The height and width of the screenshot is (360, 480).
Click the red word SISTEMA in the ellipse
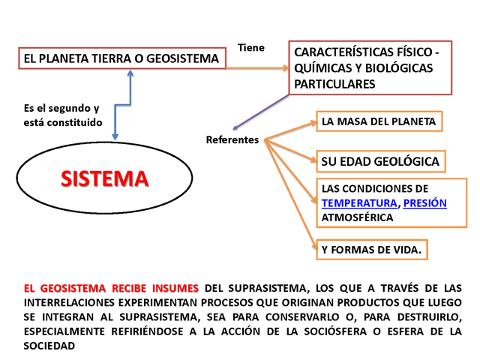(x=105, y=178)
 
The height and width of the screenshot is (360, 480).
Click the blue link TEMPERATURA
(x=359, y=203)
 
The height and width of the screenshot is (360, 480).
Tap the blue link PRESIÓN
(x=425, y=203)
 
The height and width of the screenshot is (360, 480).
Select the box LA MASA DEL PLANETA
(x=379, y=121)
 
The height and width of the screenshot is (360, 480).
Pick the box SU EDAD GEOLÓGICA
(x=381, y=161)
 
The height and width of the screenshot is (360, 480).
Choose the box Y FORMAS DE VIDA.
(x=372, y=250)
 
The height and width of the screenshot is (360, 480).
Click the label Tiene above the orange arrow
(x=251, y=48)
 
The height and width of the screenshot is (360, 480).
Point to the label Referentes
(x=232, y=139)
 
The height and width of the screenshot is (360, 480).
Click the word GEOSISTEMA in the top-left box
(x=183, y=58)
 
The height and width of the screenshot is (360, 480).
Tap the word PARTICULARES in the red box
(x=334, y=84)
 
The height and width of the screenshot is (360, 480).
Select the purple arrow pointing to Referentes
(x=261, y=112)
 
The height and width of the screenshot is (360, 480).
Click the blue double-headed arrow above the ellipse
(x=123, y=105)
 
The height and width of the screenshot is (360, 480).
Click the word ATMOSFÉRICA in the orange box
(x=357, y=217)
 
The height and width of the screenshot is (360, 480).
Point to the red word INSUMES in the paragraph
(x=175, y=288)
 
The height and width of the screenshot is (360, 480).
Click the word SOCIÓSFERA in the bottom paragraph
(x=335, y=331)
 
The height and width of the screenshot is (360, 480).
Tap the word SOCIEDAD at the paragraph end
(x=49, y=346)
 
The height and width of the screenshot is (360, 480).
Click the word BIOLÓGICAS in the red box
(x=399, y=68)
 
